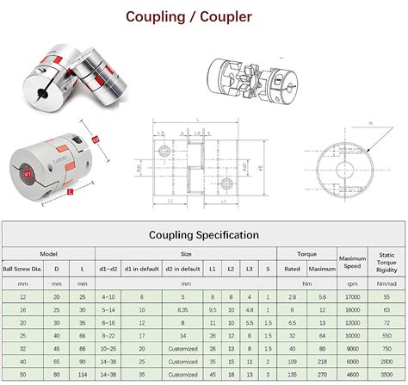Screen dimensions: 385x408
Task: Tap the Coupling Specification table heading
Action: tap(203, 234)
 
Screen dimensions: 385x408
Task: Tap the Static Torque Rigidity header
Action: tap(386, 261)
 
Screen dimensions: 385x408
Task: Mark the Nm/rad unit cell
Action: tap(386, 282)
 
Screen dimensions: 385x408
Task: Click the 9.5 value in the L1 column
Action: tap(212, 309)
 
